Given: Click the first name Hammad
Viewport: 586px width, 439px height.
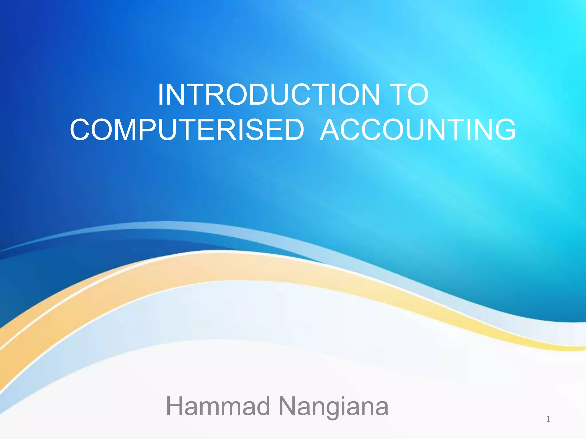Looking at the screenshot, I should (218, 406).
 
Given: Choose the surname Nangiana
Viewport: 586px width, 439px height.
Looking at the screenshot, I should (334, 406).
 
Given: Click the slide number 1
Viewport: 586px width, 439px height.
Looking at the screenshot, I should (548, 419).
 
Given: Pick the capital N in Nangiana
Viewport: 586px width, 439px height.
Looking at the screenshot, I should (288, 406).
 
